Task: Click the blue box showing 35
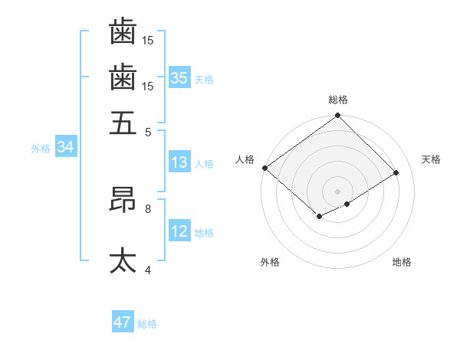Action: tap(179, 77)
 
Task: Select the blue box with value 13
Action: tap(179, 162)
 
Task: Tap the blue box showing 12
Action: tap(179, 231)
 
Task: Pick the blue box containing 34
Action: tap(65, 148)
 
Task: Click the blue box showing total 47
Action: tap(123, 322)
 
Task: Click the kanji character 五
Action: tap(123, 123)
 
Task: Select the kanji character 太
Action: tap(123, 260)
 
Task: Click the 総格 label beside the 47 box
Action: tap(147, 324)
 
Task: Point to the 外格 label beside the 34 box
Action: tap(41, 149)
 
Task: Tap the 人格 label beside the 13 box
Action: tap(204, 163)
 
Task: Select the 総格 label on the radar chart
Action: tap(338, 100)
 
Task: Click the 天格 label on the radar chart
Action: tap(432, 159)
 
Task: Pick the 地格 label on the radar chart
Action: tap(402, 262)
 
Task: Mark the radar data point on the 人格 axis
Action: tap(264, 168)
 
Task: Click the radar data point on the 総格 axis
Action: tap(338, 116)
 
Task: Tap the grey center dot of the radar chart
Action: tap(338, 191)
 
